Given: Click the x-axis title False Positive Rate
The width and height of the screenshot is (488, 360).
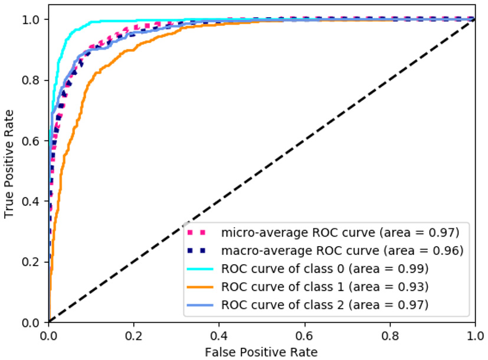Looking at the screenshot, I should click(262, 352).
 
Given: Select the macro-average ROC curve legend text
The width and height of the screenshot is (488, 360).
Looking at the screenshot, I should click(340, 250).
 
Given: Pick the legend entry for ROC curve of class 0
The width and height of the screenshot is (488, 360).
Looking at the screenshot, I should click(325, 269).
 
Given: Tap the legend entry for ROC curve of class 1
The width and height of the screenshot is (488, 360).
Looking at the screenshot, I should click(325, 287).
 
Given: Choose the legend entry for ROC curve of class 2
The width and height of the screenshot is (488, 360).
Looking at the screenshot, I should click(325, 305).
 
